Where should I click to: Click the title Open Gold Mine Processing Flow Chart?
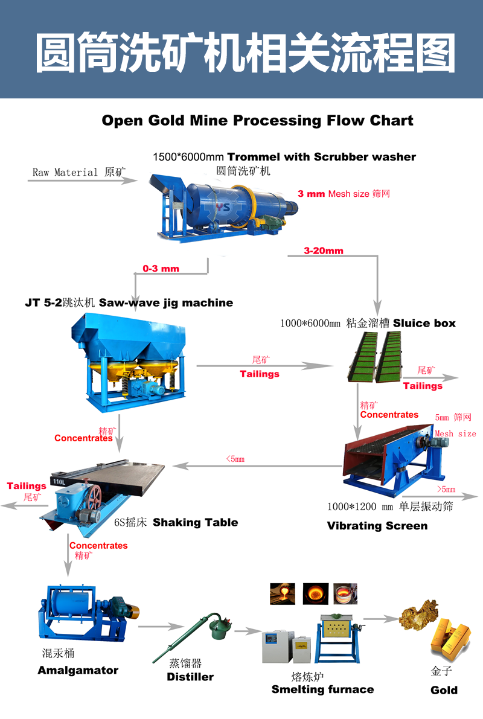[x=257, y=120]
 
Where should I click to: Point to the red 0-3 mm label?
[x=161, y=268]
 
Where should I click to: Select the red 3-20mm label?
[x=324, y=251]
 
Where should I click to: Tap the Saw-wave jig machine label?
[x=165, y=302]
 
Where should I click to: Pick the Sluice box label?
[x=424, y=323]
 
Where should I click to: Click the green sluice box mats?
[x=374, y=356]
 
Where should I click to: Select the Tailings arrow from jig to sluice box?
[x=266, y=365]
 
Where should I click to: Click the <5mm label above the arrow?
[x=235, y=459]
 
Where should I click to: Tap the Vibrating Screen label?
[x=377, y=525]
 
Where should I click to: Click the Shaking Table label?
[x=195, y=522]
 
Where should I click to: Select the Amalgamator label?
[x=78, y=670]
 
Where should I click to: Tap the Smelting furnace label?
[x=322, y=689]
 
